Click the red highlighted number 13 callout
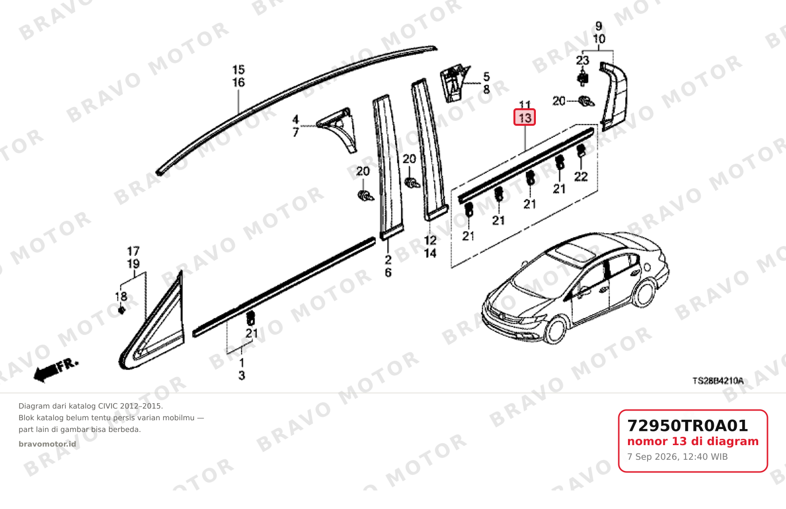point(525,117)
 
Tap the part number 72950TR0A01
point(688,426)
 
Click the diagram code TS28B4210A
point(718,381)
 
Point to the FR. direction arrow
point(56,370)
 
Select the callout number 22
point(581,176)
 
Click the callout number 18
point(121,296)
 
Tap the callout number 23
point(583,60)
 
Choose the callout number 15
point(238,69)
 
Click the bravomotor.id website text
point(47,444)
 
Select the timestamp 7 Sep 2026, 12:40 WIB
point(677,457)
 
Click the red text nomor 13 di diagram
point(693,441)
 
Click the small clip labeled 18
point(122,311)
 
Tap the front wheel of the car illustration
point(556,330)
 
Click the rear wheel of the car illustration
point(644,293)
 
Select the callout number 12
point(430,240)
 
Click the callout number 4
point(295,119)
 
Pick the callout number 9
point(599,26)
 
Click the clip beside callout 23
point(583,78)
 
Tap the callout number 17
point(133,251)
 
